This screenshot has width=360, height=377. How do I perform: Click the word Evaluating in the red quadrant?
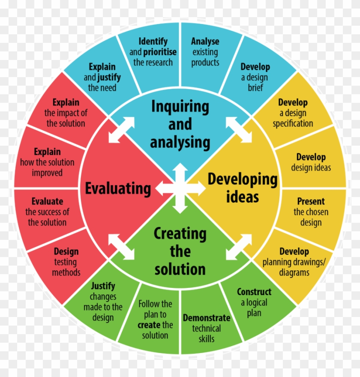point(118,189)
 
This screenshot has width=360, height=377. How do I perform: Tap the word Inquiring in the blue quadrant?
point(180,107)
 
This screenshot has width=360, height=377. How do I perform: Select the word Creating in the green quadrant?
point(180,234)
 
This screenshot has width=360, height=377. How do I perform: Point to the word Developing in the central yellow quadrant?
point(243,180)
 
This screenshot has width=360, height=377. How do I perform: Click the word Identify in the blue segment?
point(153,42)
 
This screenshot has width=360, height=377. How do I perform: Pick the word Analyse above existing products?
point(205,42)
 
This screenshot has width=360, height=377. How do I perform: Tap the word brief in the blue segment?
point(255,87)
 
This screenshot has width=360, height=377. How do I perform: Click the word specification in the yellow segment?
point(293,123)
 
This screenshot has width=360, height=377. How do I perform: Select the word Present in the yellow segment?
point(311,201)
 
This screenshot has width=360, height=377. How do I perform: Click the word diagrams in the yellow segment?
point(294,272)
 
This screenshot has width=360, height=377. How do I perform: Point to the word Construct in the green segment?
point(254,292)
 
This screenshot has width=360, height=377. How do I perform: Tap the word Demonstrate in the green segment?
point(207,318)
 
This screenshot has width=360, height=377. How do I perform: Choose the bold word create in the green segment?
point(149,325)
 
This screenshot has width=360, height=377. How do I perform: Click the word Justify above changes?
point(103,286)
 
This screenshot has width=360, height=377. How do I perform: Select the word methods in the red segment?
point(66,272)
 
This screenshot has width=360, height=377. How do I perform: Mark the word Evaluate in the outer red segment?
point(48,201)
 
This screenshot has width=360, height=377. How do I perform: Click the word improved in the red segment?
point(47,173)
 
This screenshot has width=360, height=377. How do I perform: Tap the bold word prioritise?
point(159,52)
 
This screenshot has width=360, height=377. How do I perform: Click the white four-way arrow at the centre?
point(180,188)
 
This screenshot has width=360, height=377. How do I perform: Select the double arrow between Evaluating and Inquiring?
point(121,130)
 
